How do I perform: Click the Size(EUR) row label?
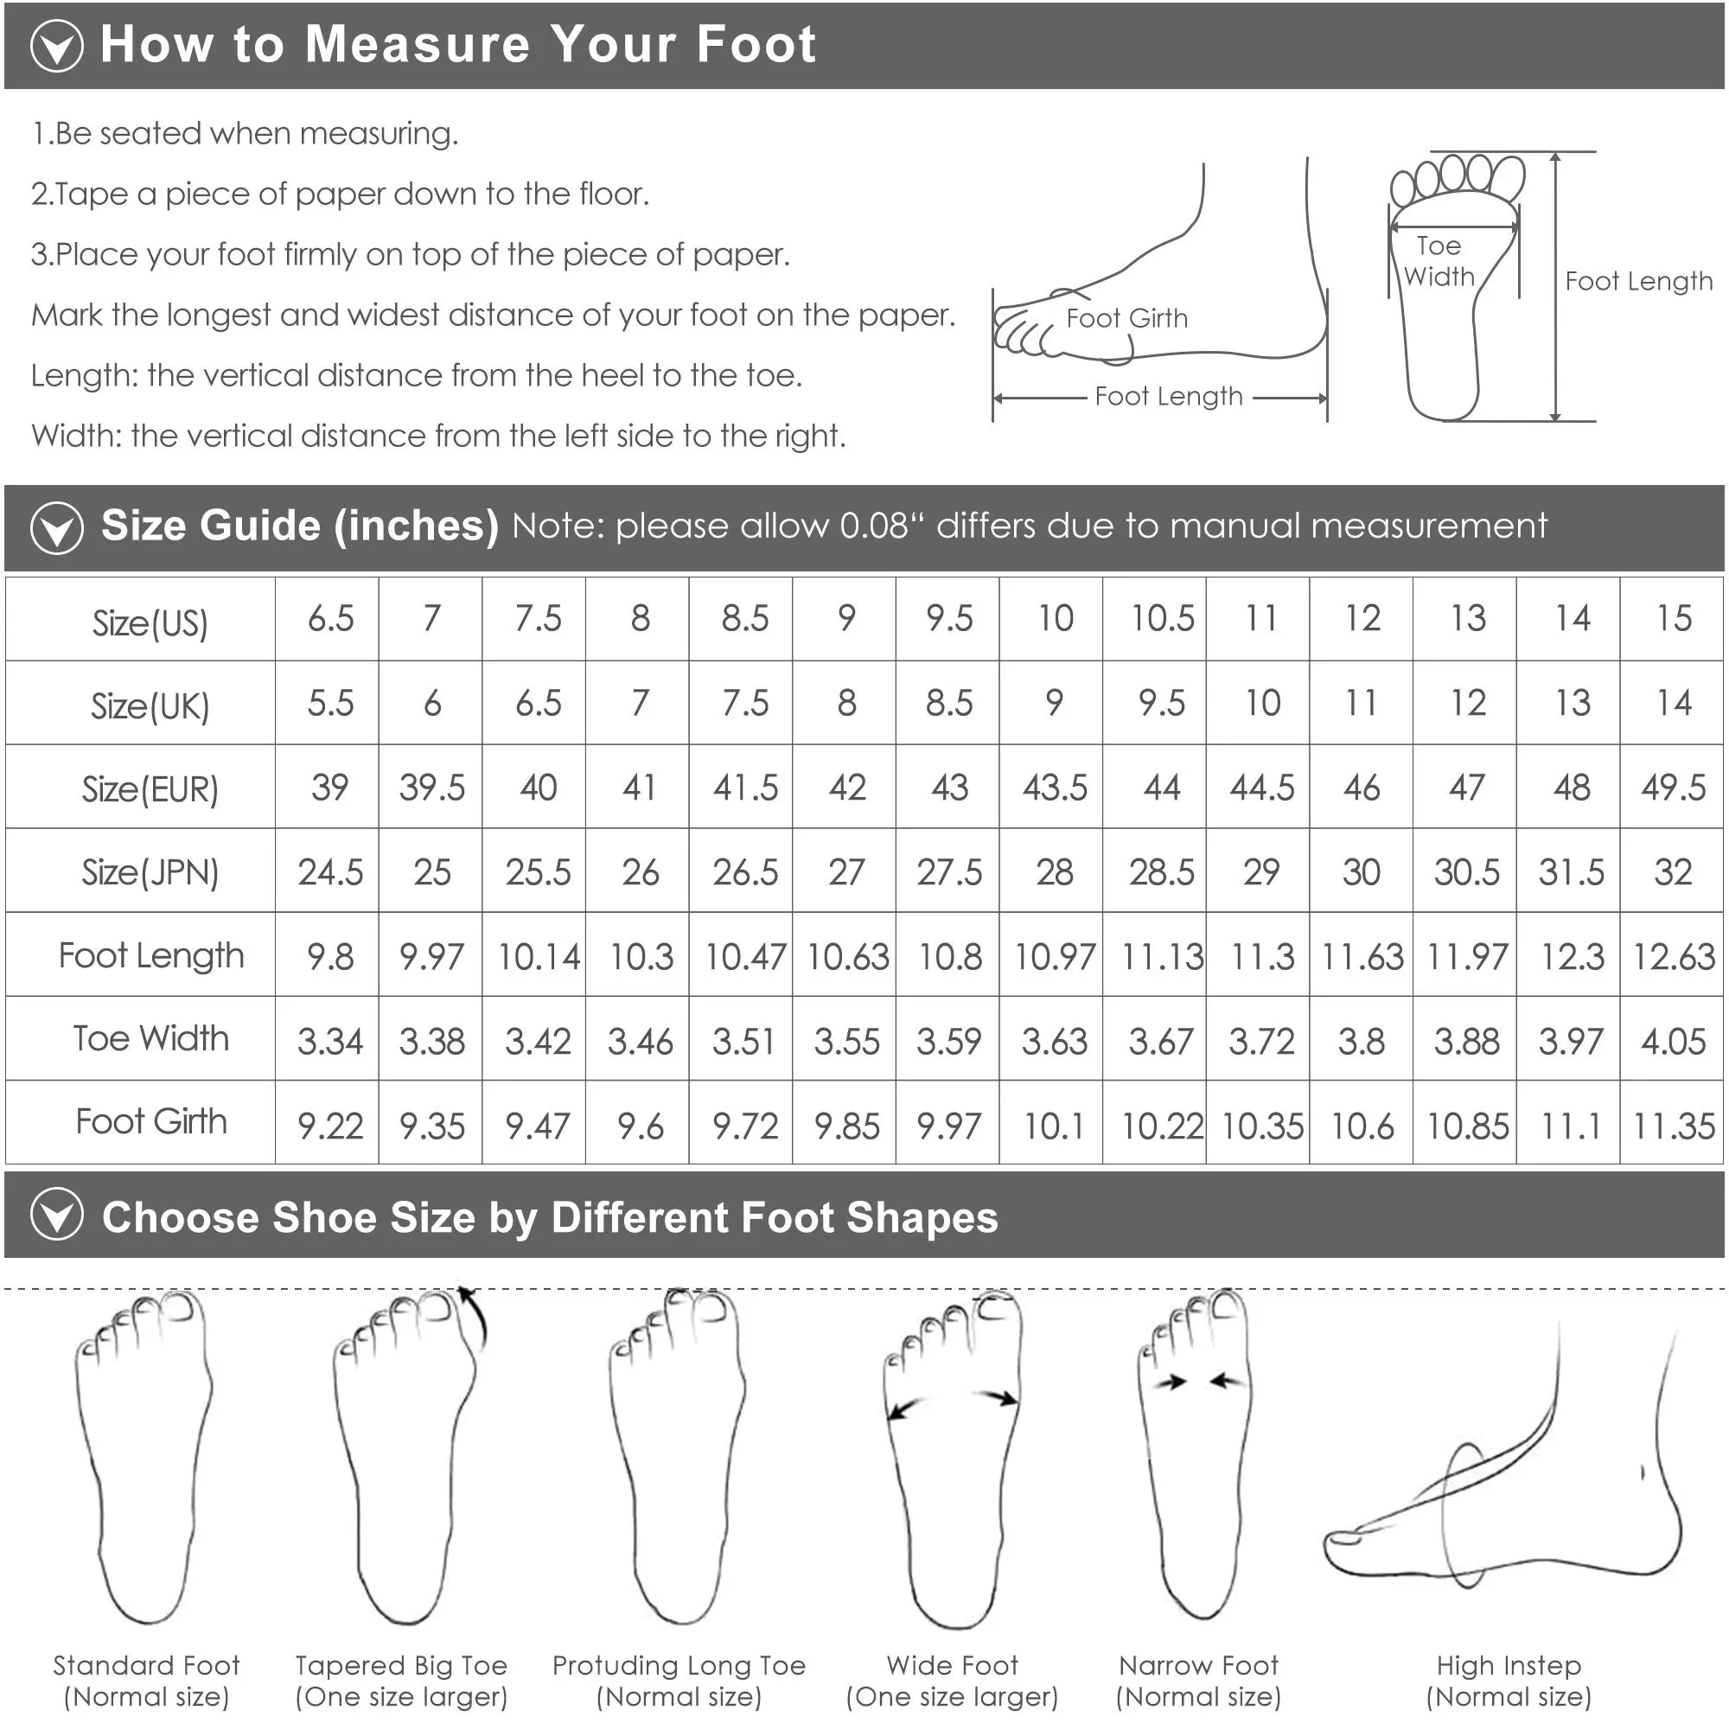coord(150,788)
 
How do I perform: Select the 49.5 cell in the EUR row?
coord(1673,788)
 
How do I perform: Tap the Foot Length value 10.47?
coord(744,957)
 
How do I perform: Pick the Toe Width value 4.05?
coord(1673,1041)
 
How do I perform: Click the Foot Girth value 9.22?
coord(330,1126)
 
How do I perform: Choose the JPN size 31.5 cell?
coord(1571,871)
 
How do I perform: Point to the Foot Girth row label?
coord(151,1121)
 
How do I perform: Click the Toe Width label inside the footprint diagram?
coord(1439,260)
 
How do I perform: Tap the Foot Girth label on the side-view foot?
coord(1126,317)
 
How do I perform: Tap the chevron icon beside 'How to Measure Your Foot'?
coord(56,46)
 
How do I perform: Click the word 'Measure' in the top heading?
coord(417,44)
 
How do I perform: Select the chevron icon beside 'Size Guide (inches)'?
coord(56,528)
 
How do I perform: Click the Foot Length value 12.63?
coord(1674,957)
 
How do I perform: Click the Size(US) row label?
coord(150,622)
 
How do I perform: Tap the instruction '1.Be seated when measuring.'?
coord(245,133)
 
